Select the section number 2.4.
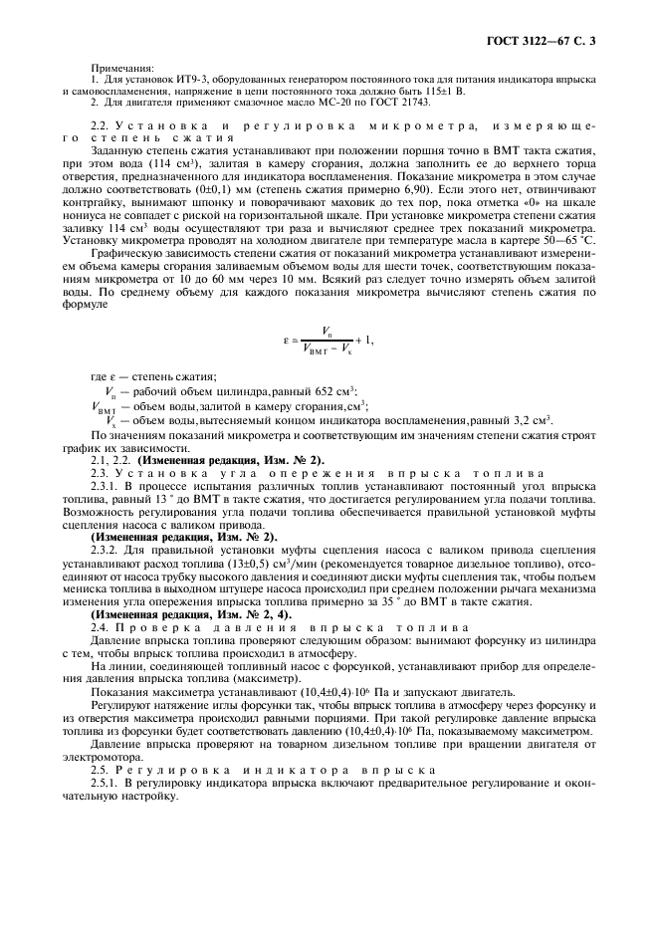(x=100, y=628)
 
